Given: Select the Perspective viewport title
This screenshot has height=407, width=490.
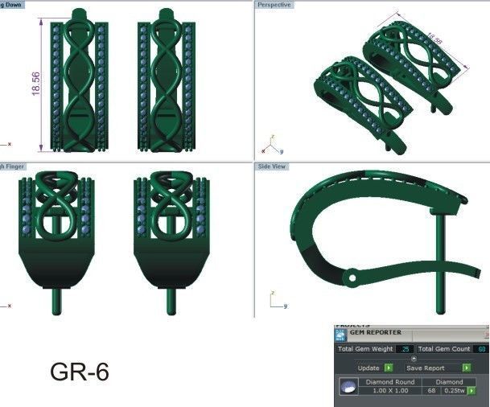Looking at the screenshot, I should coord(274,5).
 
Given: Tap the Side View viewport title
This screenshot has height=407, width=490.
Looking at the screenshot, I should coord(272,166).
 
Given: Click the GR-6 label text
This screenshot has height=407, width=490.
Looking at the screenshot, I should coord(79,372).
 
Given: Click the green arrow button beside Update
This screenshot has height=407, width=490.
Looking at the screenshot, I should coord(389,368).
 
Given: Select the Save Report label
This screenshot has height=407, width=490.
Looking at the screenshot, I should coord(426,368).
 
